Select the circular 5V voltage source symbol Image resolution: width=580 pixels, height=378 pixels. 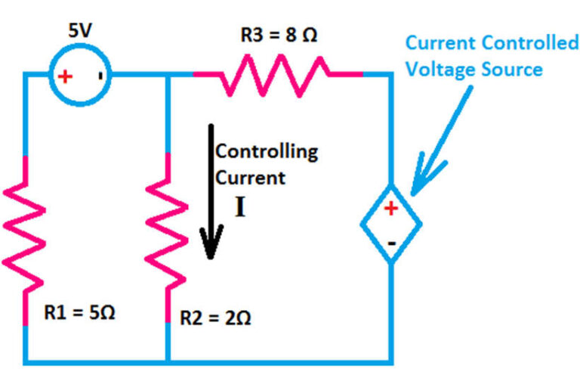click(x=82, y=76)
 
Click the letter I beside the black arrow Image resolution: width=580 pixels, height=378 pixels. click(x=240, y=206)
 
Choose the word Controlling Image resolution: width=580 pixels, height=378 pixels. click(x=267, y=151)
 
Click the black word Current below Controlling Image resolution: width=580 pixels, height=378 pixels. click(x=250, y=178)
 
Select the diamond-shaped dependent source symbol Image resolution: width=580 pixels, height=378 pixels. click(x=390, y=224)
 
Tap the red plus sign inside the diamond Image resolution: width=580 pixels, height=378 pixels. click(x=391, y=209)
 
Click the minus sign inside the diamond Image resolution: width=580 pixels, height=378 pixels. click(x=391, y=243)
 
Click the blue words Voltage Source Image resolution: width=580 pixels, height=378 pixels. click(x=474, y=70)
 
